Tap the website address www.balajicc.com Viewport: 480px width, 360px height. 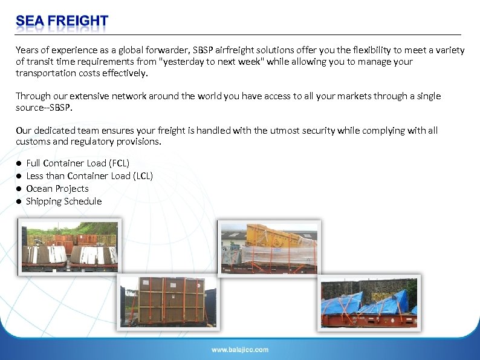(239, 349)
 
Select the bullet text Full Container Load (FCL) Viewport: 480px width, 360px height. (77, 163)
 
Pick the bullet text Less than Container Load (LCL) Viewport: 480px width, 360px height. (89, 176)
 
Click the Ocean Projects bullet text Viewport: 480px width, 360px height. (57, 189)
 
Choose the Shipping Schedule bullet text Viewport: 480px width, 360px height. (63, 201)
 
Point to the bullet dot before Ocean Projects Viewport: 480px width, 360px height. (19, 189)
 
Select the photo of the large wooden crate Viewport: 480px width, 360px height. (169, 303)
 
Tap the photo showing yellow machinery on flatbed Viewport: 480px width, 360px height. (269, 247)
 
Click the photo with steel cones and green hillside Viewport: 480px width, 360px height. (69, 246)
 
